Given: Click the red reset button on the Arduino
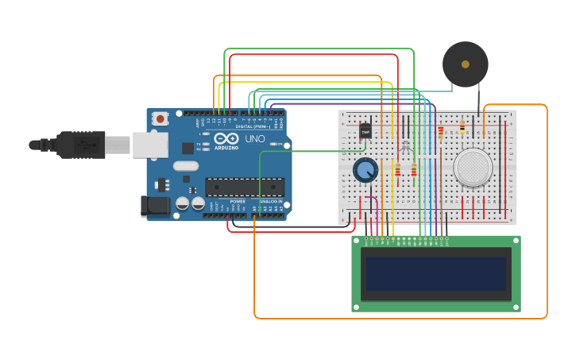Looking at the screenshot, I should point(160,119).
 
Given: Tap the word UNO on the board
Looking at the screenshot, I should point(255,139).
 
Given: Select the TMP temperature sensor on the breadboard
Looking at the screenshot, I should point(365,130).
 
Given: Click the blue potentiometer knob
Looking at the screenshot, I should point(365,170).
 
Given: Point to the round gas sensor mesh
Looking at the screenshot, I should point(473,168).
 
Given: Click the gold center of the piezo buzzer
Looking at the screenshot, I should point(465,64).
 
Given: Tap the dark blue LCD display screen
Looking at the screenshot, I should point(435,273).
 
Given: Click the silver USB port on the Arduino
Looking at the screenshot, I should point(150,145).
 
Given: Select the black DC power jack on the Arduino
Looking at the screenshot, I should point(155,206).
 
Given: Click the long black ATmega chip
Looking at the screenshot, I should point(245,187).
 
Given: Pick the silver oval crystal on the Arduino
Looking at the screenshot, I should point(185,166).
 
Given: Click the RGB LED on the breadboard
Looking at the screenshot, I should point(405,147).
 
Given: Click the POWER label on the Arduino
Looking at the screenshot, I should point(237,201).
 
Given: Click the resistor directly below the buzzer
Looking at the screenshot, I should point(462,127).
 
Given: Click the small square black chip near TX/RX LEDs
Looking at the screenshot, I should point(188,148).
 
